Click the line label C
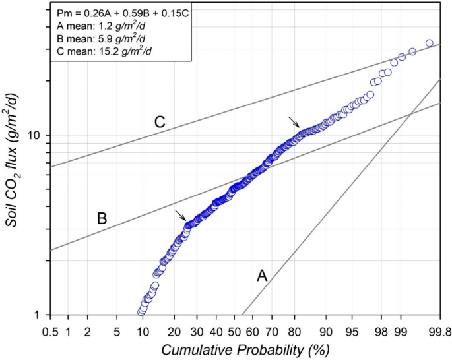click(x=159, y=122)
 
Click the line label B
click(x=102, y=218)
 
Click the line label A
click(x=262, y=276)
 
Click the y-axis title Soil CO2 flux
click(x=13, y=162)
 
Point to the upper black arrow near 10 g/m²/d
click(x=294, y=121)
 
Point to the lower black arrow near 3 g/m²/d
click(x=180, y=216)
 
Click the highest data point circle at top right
click(x=429, y=43)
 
